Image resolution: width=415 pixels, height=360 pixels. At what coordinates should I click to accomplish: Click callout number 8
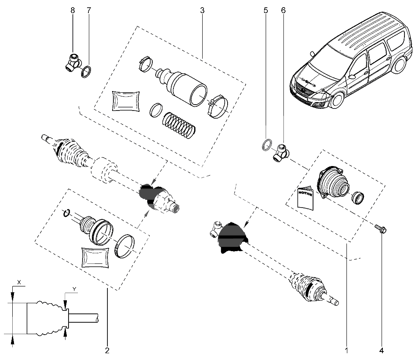coord(73,10)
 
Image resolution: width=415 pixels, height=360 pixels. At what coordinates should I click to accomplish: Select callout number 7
coord(88,10)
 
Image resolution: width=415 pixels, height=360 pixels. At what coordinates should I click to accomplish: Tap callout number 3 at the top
coord(202,10)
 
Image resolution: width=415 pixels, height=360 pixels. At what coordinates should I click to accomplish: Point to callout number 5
coord(266,10)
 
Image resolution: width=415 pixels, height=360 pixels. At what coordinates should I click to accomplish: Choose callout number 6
coord(283,10)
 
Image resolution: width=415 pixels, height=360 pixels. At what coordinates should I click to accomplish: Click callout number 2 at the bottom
coord(107,350)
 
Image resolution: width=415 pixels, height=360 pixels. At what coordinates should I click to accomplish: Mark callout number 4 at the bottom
coord(382,350)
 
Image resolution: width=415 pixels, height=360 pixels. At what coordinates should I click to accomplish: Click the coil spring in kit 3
coord(178,125)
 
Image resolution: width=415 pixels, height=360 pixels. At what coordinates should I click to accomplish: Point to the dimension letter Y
coord(74,289)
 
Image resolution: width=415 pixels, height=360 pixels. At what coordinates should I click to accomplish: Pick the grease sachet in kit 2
coord(96,257)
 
